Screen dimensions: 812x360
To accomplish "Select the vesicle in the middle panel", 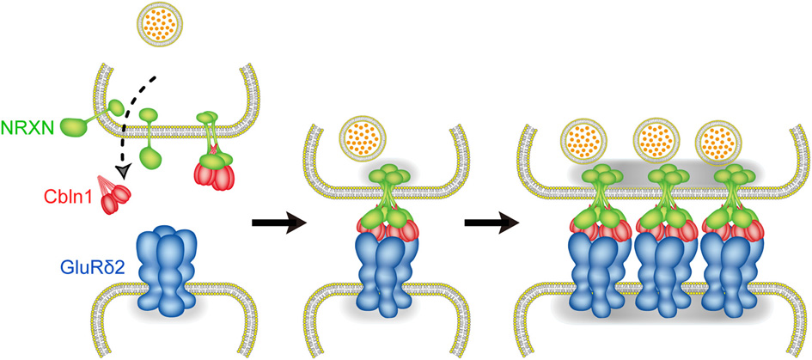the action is coord(361,138).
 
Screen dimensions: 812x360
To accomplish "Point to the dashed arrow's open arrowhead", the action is coord(126,171).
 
